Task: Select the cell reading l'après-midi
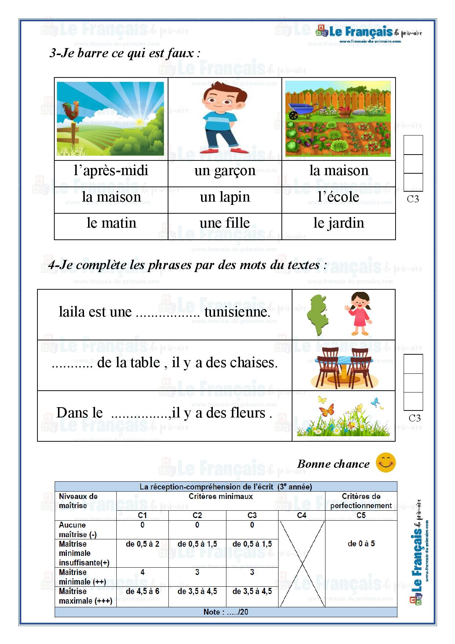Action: click(111, 171)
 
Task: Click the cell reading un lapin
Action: click(225, 197)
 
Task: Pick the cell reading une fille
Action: click(225, 223)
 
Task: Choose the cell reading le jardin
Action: click(338, 223)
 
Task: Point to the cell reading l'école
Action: click(338, 197)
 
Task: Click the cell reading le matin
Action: click(111, 223)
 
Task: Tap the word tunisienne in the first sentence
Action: click(237, 312)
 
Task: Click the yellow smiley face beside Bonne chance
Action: click(386, 463)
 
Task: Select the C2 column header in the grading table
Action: click(197, 515)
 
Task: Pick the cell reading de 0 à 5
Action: click(361, 544)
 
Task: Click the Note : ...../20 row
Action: click(226, 612)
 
